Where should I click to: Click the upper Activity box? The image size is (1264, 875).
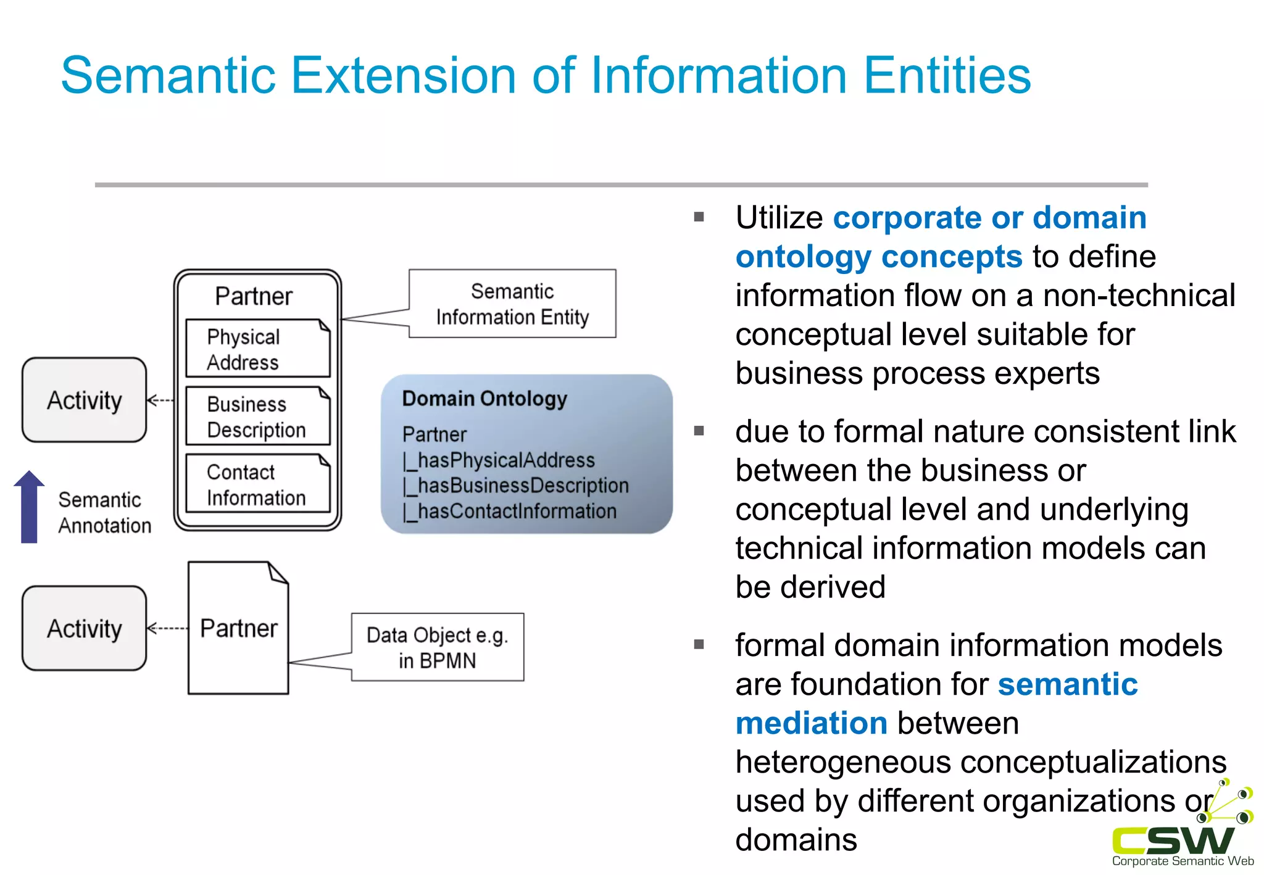pyautogui.click(x=85, y=400)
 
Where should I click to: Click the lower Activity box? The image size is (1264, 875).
pyautogui.click(x=85, y=628)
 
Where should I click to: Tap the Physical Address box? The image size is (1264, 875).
pyautogui.click(x=257, y=349)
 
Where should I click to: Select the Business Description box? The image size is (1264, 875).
pyautogui.click(x=257, y=417)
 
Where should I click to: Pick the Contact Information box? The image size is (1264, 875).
pyautogui.click(x=257, y=484)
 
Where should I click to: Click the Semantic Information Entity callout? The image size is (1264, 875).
pyautogui.click(x=512, y=304)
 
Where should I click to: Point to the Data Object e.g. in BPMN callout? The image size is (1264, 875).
pyautogui.click(x=438, y=647)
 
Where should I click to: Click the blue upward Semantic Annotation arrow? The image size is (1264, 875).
pyautogui.click(x=29, y=507)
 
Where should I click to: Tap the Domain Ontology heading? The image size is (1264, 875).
pyautogui.click(x=484, y=399)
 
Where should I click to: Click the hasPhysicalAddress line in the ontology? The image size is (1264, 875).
pyautogui.click(x=499, y=460)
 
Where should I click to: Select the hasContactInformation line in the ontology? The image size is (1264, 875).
pyautogui.click(x=510, y=512)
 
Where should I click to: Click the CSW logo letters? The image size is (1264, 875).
pyautogui.click(x=1173, y=840)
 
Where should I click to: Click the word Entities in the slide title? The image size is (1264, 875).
pyautogui.click(x=947, y=75)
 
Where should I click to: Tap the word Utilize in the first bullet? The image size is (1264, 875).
pyautogui.click(x=779, y=218)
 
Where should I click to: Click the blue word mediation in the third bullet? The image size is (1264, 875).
pyautogui.click(x=812, y=723)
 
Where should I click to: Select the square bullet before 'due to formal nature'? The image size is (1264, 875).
pyautogui.click(x=699, y=431)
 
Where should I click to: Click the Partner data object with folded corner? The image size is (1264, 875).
pyautogui.click(x=238, y=628)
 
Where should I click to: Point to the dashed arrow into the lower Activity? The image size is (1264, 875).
pyautogui.click(x=167, y=629)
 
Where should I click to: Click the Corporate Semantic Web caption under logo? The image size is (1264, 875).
pyautogui.click(x=1183, y=861)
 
